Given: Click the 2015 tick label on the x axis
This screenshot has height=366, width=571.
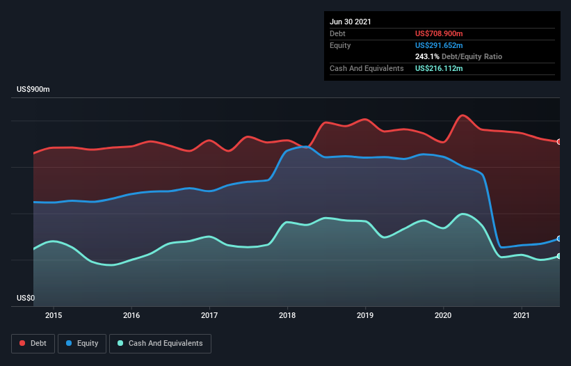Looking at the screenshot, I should coord(54,315).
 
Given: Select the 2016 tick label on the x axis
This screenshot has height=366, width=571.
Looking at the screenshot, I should coord(131,315).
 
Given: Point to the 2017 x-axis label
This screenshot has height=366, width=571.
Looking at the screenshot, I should coord(209,315).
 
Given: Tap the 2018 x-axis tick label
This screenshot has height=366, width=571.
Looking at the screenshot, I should coord(287,315).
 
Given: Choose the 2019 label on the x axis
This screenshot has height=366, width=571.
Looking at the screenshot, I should coord(365,315).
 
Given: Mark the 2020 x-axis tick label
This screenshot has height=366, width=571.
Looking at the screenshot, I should coord(444,315).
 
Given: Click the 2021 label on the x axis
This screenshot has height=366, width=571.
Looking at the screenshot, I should coord(522,315).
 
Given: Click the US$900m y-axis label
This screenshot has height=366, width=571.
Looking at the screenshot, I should coord(33,90).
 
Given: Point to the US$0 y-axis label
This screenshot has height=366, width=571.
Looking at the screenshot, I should coord(26,299).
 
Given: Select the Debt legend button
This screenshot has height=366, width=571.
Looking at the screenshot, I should coord(33,343).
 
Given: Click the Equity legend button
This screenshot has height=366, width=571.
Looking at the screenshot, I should coord(82,343).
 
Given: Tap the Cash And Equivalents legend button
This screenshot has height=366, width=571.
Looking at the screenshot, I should coord(160,343).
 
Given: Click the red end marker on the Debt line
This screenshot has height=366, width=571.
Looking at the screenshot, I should coord(559,142).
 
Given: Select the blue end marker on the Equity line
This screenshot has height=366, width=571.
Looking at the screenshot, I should coord(559,239).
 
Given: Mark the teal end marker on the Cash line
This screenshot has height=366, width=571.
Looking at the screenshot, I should coord(559,256).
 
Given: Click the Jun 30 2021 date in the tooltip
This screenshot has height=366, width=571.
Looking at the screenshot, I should coord(351,22).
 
